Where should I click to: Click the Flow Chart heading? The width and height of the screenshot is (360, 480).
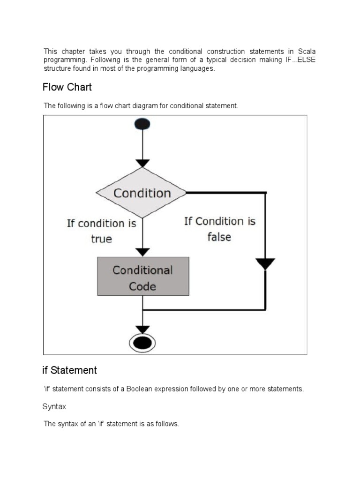[67, 87]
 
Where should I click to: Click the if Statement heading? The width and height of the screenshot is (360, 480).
[70, 370]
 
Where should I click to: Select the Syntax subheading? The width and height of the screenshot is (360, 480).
[54, 407]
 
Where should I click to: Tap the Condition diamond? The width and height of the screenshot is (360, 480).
[142, 193]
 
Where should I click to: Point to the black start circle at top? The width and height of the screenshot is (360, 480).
[142, 123]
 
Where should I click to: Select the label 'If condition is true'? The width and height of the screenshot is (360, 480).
[101, 231]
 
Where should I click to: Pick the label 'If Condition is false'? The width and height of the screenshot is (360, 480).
[219, 229]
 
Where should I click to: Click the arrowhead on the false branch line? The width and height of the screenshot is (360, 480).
[266, 263]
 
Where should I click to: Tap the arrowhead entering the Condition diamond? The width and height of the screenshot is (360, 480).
[142, 163]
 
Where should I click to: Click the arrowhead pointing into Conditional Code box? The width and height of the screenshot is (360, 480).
[142, 252]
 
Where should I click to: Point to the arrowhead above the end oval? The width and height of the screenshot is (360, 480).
[142, 329]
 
